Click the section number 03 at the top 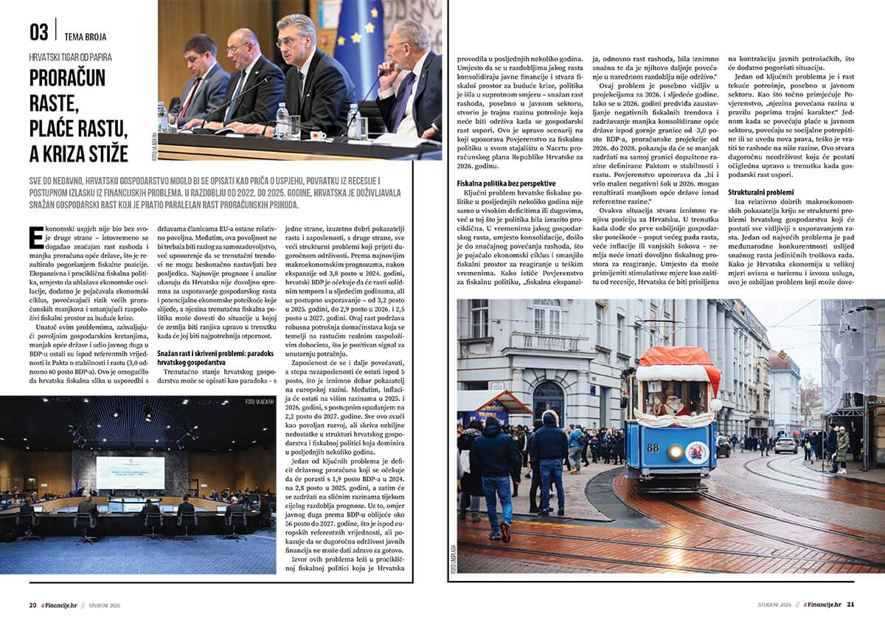[39, 32]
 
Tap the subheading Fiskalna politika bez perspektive [505, 183]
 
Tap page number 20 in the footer [32, 605]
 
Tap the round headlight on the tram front [675, 451]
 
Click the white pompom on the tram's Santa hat [715, 404]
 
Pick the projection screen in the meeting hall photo [130, 473]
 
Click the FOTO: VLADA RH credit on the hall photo [259, 402]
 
